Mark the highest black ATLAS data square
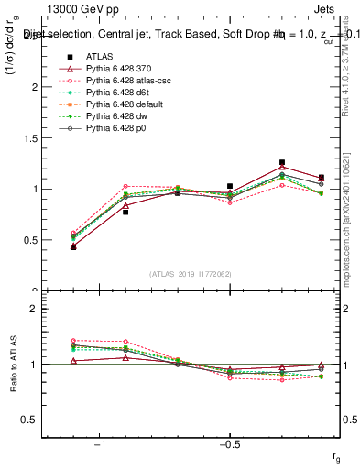[282, 162]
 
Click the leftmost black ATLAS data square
[73, 246]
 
